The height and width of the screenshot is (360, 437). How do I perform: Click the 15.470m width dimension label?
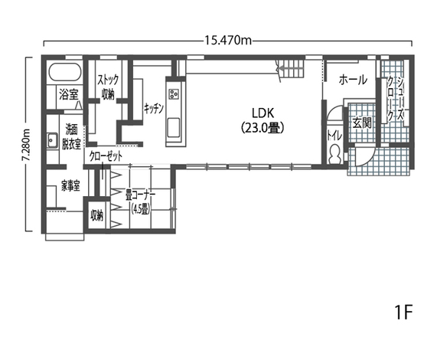click(x=228, y=41)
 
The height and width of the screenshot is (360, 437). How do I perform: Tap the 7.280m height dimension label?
click(x=26, y=145)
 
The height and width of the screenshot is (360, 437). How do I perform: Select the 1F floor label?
click(x=403, y=313)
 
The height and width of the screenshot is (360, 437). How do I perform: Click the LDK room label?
click(x=263, y=113)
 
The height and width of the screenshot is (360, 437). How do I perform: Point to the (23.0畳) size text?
click(x=263, y=128)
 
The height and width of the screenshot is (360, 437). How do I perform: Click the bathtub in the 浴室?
click(x=65, y=72)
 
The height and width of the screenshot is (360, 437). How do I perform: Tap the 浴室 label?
click(x=69, y=94)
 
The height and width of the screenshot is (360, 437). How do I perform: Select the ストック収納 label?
click(x=108, y=87)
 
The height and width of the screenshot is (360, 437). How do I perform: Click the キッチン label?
click(x=153, y=109)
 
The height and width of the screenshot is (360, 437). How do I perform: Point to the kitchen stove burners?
click(x=174, y=93)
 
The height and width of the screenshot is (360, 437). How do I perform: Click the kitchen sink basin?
click(x=174, y=128)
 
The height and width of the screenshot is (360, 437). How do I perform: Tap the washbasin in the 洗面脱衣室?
click(x=51, y=140)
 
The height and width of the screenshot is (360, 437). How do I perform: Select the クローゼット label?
click(x=106, y=157)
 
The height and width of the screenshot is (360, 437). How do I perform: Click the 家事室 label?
click(x=70, y=185)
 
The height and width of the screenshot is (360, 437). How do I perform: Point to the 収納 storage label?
click(x=96, y=215)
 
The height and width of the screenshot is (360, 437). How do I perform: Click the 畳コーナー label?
click(x=140, y=195)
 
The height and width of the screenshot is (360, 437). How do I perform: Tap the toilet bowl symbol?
click(x=334, y=154)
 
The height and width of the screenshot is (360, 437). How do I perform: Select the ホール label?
click(x=353, y=80)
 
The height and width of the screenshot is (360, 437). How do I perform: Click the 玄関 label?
click(x=362, y=123)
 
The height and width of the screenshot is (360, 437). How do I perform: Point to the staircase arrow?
click(x=285, y=67)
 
